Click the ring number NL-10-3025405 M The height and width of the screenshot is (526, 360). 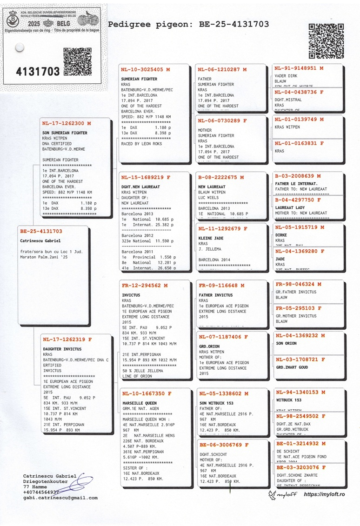145,69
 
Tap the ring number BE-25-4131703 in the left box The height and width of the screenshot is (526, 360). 41,231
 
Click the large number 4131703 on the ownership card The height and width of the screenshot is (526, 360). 38,72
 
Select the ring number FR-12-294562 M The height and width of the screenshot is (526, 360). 144,285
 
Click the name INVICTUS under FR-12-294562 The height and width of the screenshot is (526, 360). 131,295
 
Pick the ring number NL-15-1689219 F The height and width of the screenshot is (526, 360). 146,177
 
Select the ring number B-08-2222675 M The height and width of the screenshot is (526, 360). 220,177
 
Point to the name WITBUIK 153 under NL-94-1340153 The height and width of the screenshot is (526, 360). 288,400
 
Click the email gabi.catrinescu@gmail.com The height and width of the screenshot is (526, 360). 60,498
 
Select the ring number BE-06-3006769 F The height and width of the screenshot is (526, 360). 223,445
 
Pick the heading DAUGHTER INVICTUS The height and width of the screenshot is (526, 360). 62,349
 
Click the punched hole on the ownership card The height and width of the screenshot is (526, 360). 19,47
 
